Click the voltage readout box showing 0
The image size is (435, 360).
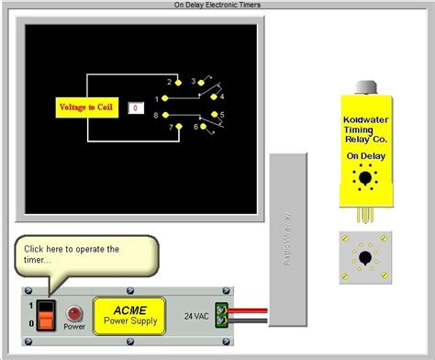(135, 107)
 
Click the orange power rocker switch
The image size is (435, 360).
(42, 312)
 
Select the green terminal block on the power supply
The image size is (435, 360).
(220, 314)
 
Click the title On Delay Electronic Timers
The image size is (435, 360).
(217, 5)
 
